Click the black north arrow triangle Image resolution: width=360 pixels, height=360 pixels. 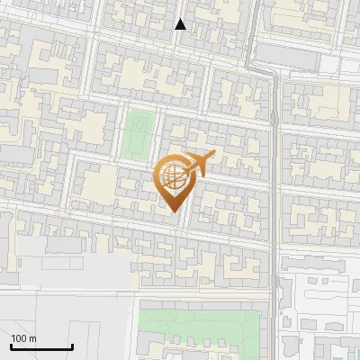tap(181, 24)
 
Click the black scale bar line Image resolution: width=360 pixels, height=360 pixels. tap(41, 346)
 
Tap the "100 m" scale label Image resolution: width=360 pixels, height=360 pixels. tap(23, 338)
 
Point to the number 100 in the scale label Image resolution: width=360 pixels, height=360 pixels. tap(19, 338)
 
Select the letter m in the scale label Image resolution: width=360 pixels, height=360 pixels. tap(31, 338)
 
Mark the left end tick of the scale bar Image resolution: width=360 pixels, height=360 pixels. tap(11, 345)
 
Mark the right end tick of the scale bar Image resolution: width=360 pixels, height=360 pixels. tap(72, 345)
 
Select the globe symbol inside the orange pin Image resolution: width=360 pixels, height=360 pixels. tap(173, 176)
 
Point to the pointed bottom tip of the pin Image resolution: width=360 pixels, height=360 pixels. tap(174, 211)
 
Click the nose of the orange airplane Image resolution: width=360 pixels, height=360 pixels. tap(214, 156)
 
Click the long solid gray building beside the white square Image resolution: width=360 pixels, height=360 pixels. tap(291, 58)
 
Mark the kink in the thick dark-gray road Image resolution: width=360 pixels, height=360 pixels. tap(271, 76)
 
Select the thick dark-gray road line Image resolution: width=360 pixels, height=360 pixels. tap(273, 180)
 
